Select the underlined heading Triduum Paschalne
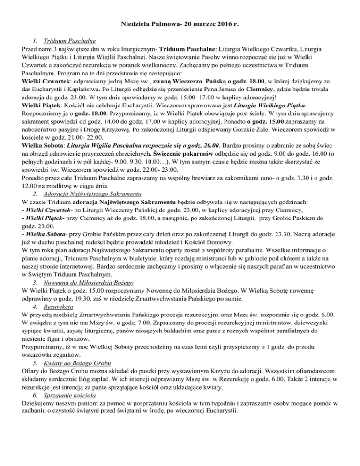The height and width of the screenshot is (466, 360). (62, 41)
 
